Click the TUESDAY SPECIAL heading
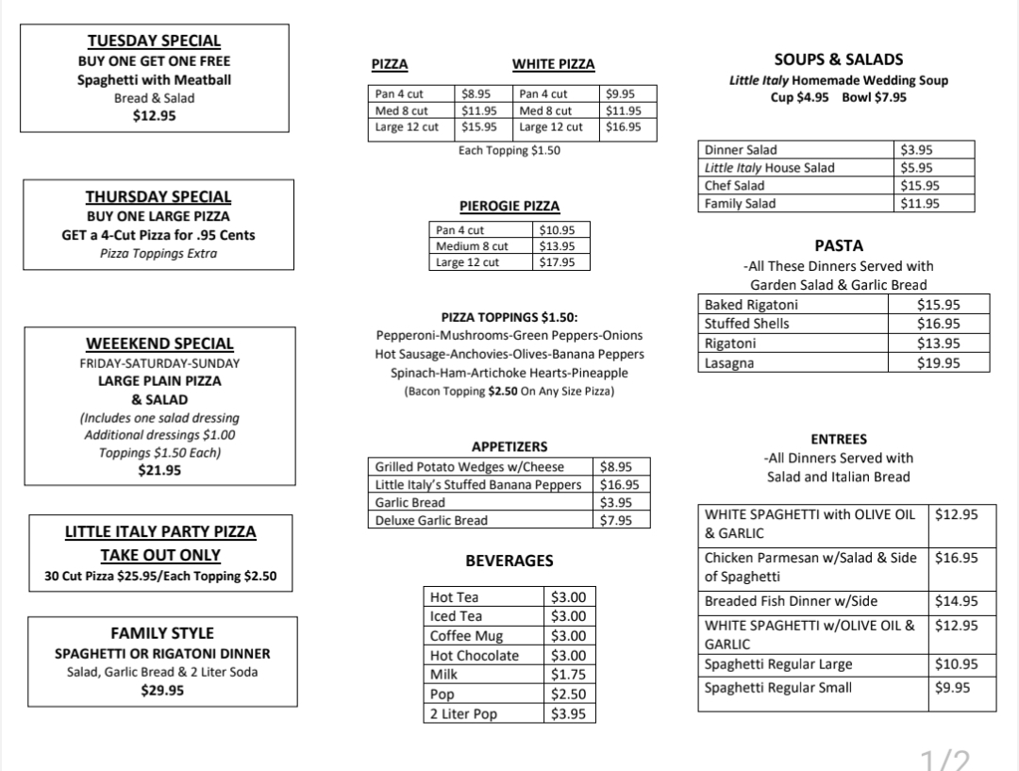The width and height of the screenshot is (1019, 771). (154, 41)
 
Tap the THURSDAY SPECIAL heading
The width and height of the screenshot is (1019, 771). (159, 197)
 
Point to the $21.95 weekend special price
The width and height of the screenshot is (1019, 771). (159, 470)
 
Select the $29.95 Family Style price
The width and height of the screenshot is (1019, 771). (162, 690)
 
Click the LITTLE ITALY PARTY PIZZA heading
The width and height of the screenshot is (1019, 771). (160, 532)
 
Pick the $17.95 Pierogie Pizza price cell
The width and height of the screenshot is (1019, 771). (557, 262)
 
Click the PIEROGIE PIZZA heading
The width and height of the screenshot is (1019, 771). (509, 207)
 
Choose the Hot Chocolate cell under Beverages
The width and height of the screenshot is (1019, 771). (475, 656)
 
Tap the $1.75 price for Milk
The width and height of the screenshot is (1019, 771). (567, 675)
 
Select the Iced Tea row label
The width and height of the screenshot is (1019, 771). (457, 616)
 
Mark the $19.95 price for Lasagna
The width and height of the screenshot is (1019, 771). (938, 363)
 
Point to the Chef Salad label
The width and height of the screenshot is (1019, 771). (735, 186)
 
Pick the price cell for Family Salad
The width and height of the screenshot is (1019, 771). (920, 204)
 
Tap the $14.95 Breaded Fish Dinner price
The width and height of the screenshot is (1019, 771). (956, 601)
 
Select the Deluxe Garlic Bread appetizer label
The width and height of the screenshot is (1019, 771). (432, 520)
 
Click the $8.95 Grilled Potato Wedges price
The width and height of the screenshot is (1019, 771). (616, 466)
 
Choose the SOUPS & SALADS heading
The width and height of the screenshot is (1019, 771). (838, 59)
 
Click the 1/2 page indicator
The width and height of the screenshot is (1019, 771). (945, 758)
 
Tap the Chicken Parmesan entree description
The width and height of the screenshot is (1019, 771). (810, 567)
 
